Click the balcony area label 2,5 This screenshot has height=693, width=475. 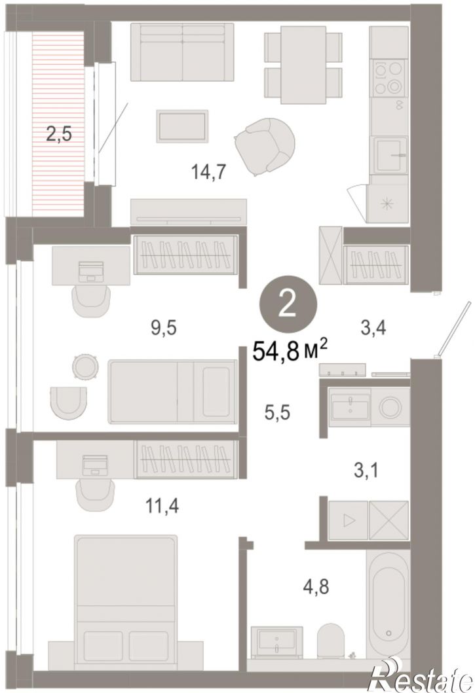pos(59,133)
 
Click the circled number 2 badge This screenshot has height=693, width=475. pos(288,306)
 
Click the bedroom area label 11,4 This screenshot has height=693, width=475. pos(162,505)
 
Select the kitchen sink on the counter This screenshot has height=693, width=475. pos(390,155)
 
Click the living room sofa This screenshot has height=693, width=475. pos(182,52)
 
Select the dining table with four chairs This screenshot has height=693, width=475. pos(304,65)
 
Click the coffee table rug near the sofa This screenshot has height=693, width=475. pos(182,126)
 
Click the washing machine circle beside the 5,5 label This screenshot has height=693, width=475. pos(390,407)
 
